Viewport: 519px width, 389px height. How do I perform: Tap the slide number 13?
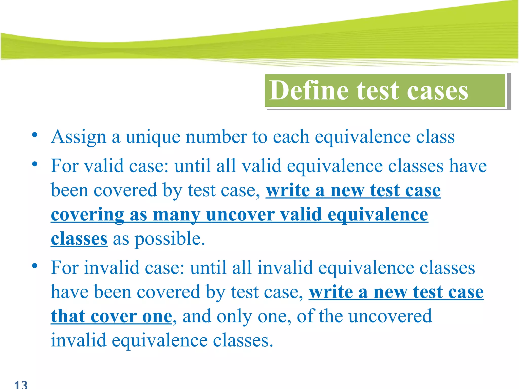pyautogui.click(x=21, y=384)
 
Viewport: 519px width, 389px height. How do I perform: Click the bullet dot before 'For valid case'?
pyautogui.click(x=35, y=164)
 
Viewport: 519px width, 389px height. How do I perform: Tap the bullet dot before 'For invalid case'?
pyautogui.click(x=35, y=266)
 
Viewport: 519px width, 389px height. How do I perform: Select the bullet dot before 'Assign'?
pyautogui.click(x=35, y=135)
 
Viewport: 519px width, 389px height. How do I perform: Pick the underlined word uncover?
pyautogui.click(x=240, y=215)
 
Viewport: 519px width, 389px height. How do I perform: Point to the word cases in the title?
pyautogui.click(x=437, y=91)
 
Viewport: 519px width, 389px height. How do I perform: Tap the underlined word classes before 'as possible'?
pyautogui.click(x=79, y=239)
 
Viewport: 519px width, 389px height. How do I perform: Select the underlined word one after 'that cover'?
pyautogui.click(x=157, y=317)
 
